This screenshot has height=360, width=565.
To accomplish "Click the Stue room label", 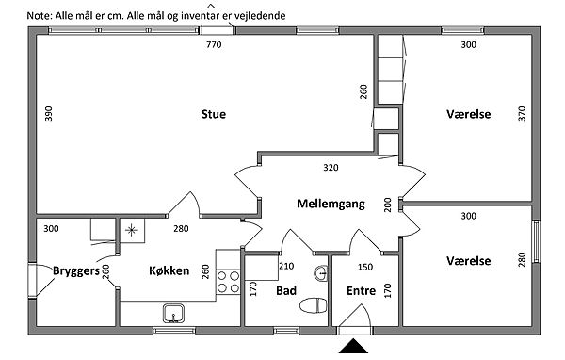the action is click(x=214, y=114).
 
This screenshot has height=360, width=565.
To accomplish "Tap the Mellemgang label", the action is click(x=331, y=205).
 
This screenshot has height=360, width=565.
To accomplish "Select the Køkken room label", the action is click(x=169, y=270).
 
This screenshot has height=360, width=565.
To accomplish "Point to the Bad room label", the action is click(x=286, y=291).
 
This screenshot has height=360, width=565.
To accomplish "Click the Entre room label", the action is click(x=361, y=291).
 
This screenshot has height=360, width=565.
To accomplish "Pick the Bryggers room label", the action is click(x=76, y=271).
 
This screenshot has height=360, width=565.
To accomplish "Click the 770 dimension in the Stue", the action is click(x=214, y=44).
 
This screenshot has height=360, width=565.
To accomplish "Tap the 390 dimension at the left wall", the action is click(x=49, y=113).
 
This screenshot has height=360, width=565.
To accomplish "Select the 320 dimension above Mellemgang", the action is click(x=331, y=168).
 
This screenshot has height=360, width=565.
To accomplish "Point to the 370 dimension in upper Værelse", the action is click(x=523, y=113).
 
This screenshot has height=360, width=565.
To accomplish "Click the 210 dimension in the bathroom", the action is click(x=286, y=266).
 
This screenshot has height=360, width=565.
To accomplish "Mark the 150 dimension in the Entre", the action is click(x=365, y=267).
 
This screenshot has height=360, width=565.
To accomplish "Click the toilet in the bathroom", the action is click(x=314, y=305).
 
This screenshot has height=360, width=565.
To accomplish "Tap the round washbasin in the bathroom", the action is click(x=321, y=274).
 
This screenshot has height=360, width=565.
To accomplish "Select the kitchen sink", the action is click(x=173, y=313).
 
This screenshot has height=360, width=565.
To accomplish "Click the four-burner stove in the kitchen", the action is click(x=228, y=282).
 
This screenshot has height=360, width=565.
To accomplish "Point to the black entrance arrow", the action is click(x=353, y=346).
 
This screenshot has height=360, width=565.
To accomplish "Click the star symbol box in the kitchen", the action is click(x=132, y=230).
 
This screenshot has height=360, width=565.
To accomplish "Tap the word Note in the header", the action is click(x=39, y=16).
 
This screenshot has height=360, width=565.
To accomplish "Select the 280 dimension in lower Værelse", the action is click(x=523, y=260).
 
